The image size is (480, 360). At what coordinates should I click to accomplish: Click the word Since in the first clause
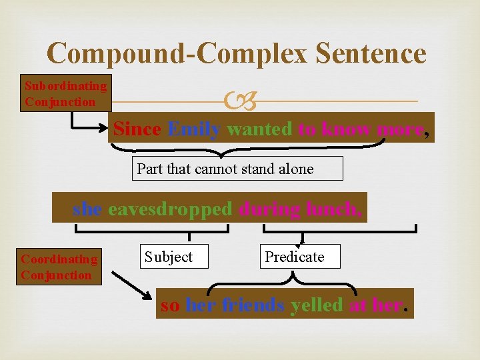(x=137, y=129)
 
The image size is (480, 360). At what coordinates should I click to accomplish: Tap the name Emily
(x=194, y=129)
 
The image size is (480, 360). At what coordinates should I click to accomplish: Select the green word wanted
(x=259, y=129)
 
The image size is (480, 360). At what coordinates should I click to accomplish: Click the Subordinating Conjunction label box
(x=66, y=93)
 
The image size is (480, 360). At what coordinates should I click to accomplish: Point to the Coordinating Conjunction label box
(x=59, y=267)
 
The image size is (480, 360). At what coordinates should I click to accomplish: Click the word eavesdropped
(x=170, y=209)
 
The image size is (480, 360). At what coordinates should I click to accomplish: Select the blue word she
(x=87, y=209)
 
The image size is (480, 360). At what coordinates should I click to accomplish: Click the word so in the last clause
(x=170, y=305)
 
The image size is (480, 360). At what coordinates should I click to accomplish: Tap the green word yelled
(x=317, y=305)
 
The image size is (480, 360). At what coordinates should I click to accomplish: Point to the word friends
(x=253, y=305)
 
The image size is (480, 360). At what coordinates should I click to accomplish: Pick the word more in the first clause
(x=399, y=129)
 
